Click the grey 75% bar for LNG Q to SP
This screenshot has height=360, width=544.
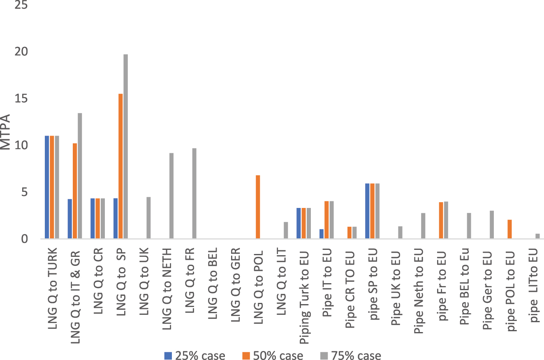(125, 146)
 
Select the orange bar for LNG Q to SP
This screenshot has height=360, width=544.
(120, 166)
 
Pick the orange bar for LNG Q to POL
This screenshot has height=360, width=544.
(258, 207)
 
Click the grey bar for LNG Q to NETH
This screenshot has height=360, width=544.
(171, 196)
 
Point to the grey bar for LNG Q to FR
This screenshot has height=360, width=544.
(194, 193)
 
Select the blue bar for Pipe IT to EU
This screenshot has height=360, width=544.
(322, 234)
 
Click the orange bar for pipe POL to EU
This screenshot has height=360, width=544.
(509, 229)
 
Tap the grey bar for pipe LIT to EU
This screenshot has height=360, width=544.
(537, 236)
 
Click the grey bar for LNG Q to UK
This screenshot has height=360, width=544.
(148, 218)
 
